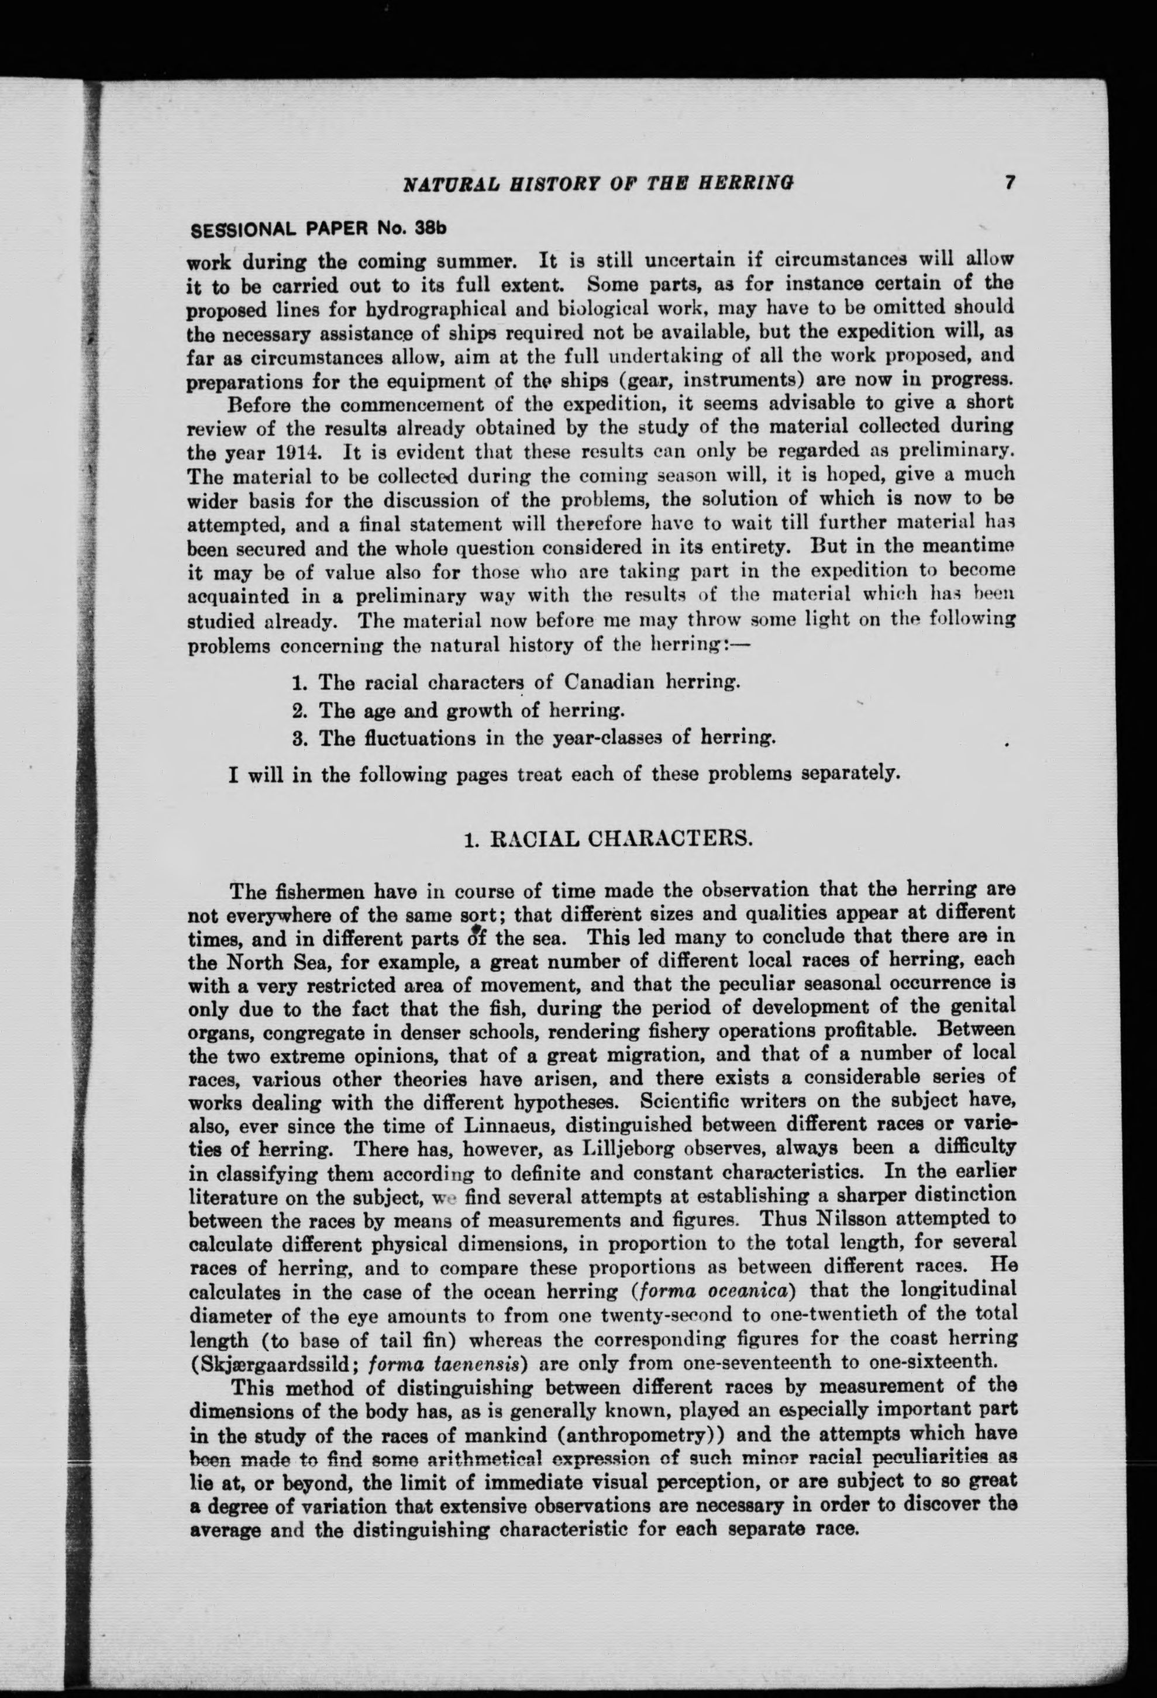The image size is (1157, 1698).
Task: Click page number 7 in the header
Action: (1010, 182)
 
